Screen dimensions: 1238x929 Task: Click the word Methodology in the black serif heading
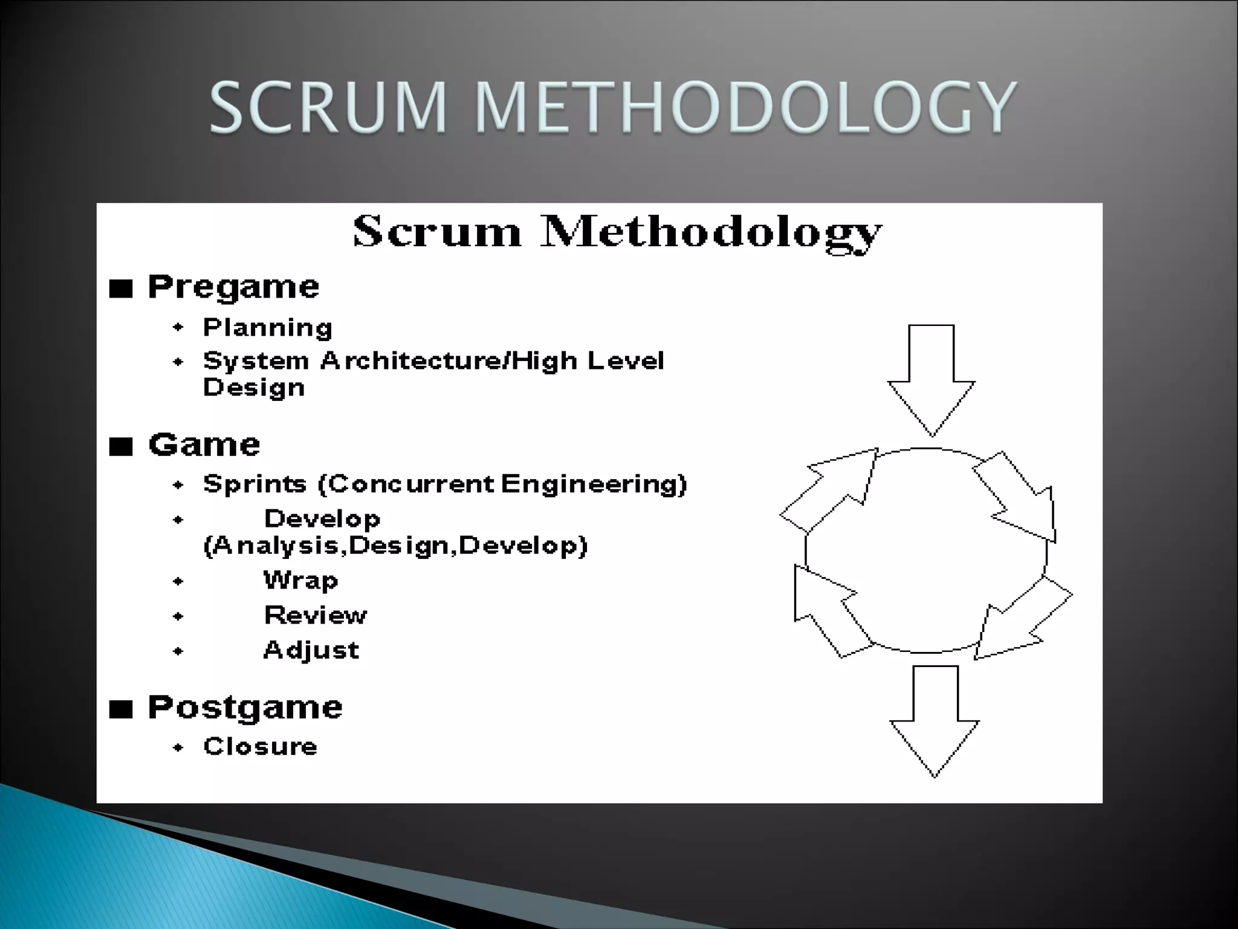pos(711,233)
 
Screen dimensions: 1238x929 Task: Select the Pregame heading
pos(233,287)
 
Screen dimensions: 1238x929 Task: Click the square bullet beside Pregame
pos(121,289)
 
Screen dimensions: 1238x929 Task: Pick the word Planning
pos(267,327)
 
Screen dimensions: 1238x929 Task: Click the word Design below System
pos(253,388)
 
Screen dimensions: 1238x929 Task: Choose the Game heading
pos(204,445)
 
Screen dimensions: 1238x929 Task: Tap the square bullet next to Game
pos(121,447)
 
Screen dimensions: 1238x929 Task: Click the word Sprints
pos(255,484)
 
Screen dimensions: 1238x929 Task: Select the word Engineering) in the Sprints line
pos(594,484)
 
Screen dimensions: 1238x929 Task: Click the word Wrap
pos(300,581)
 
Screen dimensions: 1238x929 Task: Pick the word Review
pos(316,615)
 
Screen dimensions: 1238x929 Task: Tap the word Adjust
pos(311,650)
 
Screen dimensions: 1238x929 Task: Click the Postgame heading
pos(245,707)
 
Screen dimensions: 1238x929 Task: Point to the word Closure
pos(260,746)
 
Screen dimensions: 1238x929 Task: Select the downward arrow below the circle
pos(935,720)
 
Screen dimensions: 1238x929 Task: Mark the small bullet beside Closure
pos(178,748)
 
